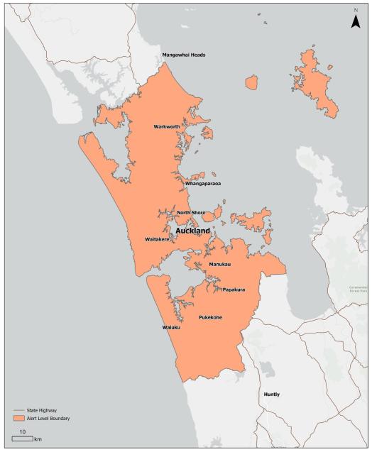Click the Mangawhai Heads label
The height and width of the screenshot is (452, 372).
(184, 55)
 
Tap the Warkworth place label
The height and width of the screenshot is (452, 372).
(168, 127)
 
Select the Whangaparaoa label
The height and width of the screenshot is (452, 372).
(203, 184)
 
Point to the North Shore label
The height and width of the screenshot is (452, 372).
(191, 212)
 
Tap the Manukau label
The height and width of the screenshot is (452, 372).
(220, 264)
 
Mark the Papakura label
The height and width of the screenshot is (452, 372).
(234, 290)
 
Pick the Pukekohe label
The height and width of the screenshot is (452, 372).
(211, 317)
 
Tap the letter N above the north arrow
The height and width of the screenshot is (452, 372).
(356, 10)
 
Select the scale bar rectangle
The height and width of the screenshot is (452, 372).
(22, 439)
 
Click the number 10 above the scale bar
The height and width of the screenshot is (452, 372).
(23, 431)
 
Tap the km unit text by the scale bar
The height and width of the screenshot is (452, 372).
(38, 440)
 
